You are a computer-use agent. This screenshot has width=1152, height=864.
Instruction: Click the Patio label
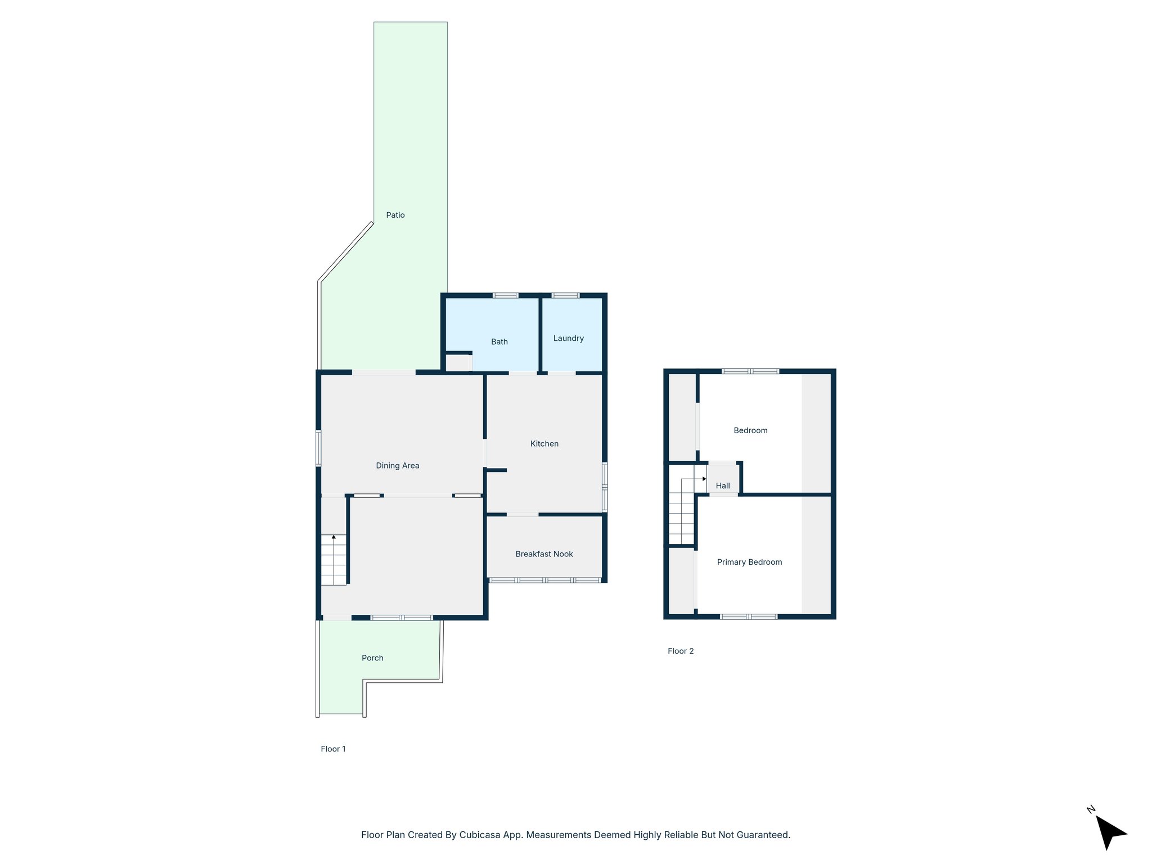(x=395, y=215)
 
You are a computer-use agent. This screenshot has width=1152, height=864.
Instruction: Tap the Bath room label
(x=499, y=341)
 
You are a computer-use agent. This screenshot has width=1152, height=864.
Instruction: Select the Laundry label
(x=568, y=338)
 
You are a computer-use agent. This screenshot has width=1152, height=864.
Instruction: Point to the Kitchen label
(x=544, y=444)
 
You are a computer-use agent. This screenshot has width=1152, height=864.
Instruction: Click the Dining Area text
(x=397, y=465)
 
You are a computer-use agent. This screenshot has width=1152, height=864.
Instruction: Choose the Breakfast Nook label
(x=544, y=554)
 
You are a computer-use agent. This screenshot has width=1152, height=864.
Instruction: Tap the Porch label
(x=372, y=658)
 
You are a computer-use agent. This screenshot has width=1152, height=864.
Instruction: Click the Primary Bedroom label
(x=749, y=562)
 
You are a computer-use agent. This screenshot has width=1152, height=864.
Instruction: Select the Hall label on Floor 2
(x=723, y=485)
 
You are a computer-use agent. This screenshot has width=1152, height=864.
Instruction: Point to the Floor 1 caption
(x=333, y=749)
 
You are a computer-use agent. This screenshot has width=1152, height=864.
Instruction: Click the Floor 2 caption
(x=681, y=651)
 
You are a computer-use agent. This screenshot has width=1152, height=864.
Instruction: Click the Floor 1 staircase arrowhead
(x=334, y=537)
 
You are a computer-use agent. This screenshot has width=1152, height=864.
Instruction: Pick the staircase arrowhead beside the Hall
(x=704, y=479)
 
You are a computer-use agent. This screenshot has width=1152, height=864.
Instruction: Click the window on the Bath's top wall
(x=505, y=295)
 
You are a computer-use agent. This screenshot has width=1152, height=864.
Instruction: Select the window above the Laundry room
(x=565, y=295)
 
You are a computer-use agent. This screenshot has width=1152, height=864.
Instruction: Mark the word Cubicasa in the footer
(x=481, y=835)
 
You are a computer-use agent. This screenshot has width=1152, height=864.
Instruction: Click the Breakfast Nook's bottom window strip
(x=544, y=580)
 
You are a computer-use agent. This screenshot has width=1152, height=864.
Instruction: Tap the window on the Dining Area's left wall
(x=318, y=448)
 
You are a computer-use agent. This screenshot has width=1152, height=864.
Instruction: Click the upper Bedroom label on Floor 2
(x=750, y=430)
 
